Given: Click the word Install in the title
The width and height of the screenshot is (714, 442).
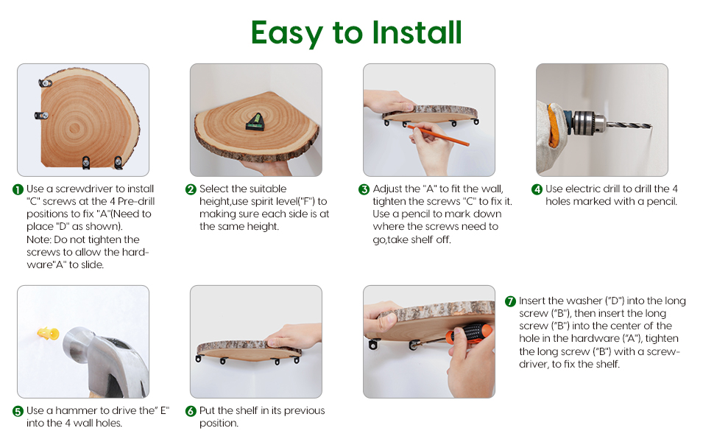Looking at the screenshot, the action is point(417,32).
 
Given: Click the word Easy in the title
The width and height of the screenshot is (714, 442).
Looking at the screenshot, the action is point(287,34).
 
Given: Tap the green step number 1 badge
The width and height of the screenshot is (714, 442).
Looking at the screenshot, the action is point(18,189).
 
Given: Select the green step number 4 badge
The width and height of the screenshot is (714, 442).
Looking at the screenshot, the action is point(537,189).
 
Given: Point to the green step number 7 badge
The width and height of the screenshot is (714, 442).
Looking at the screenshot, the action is point(510,301).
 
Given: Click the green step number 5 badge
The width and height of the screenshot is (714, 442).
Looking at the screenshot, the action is point(18,412).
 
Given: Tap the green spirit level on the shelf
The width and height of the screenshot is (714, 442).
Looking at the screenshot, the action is point(255,122).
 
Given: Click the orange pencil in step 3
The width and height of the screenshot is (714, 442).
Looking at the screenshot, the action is point(437,135).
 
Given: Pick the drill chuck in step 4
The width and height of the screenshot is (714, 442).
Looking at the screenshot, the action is point(588,122).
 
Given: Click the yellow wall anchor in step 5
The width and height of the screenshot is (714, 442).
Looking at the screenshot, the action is point(48,334).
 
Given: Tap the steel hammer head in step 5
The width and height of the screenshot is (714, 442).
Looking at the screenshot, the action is point(105,359).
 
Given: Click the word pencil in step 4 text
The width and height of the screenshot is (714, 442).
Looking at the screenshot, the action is point(661,201).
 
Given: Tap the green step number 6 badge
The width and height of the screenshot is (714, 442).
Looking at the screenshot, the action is point(191,412).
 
